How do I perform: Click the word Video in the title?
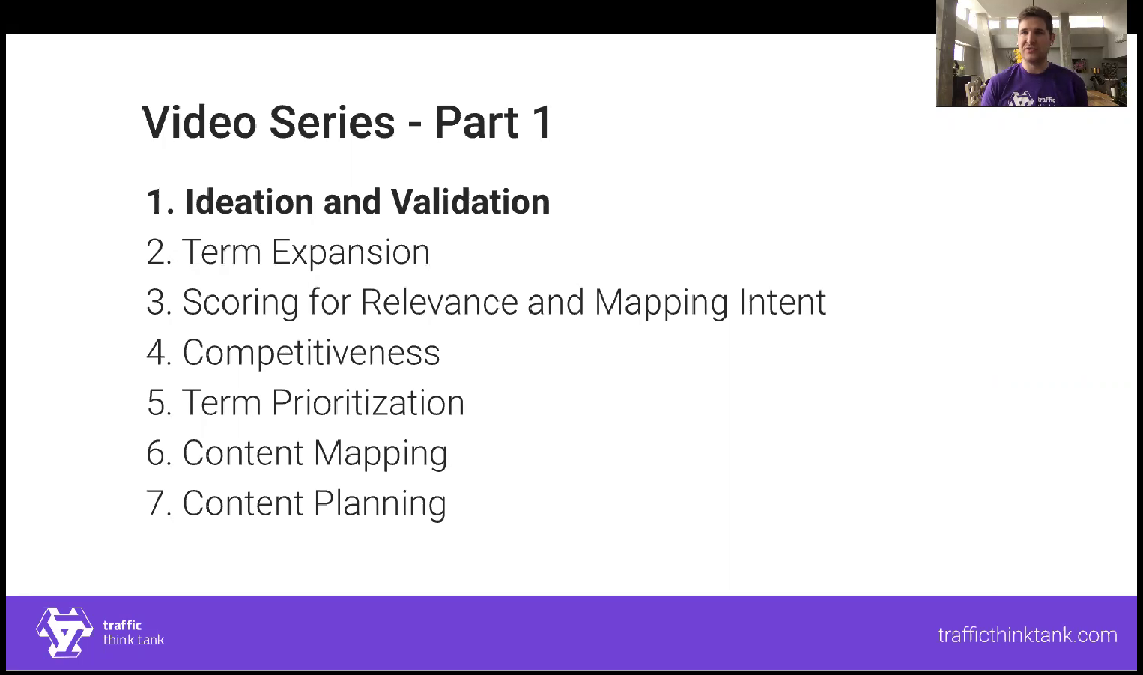click(199, 122)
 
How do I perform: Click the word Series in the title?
click(332, 122)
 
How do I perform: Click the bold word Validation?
click(470, 202)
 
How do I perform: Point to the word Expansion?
click(351, 252)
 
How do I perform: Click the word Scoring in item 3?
click(240, 303)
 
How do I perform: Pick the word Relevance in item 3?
click(440, 302)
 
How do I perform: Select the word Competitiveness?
click(312, 353)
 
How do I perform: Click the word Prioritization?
click(368, 402)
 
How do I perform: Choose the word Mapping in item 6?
click(381, 453)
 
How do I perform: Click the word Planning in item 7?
click(381, 503)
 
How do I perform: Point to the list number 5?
click(157, 403)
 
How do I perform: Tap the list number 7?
click(156, 503)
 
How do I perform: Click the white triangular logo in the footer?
click(65, 632)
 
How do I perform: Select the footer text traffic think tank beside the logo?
click(133, 632)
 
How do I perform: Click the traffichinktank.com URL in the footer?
click(1028, 635)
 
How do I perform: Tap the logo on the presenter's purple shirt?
click(1020, 99)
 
